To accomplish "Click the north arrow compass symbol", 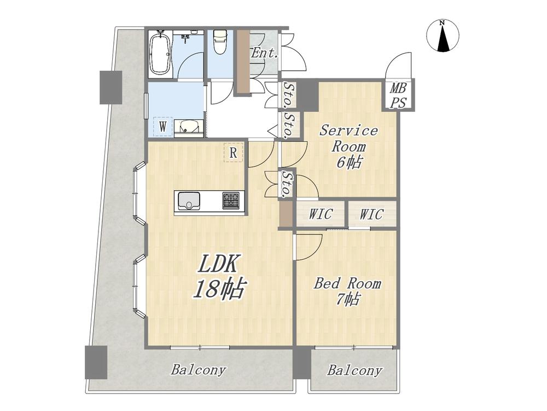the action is click(443, 36).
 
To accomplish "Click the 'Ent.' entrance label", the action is click(265, 53).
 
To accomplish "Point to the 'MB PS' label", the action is click(398, 95).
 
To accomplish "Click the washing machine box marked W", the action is click(162, 127).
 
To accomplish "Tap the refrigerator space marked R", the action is click(233, 153).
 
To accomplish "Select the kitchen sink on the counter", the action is click(189, 201).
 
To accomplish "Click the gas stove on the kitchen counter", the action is click(231, 201).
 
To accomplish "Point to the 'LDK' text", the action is click(218, 264).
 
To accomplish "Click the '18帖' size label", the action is click(219, 289).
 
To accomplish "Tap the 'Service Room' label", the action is click(348, 139).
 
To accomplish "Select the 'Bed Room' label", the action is click(347, 283).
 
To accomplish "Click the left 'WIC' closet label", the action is click(321, 214).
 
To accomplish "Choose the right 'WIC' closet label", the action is click(371, 214).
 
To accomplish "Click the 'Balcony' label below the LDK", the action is click(199, 370).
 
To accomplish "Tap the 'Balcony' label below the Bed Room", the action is click(354, 370).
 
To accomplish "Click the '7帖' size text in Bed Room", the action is click(348, 299).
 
